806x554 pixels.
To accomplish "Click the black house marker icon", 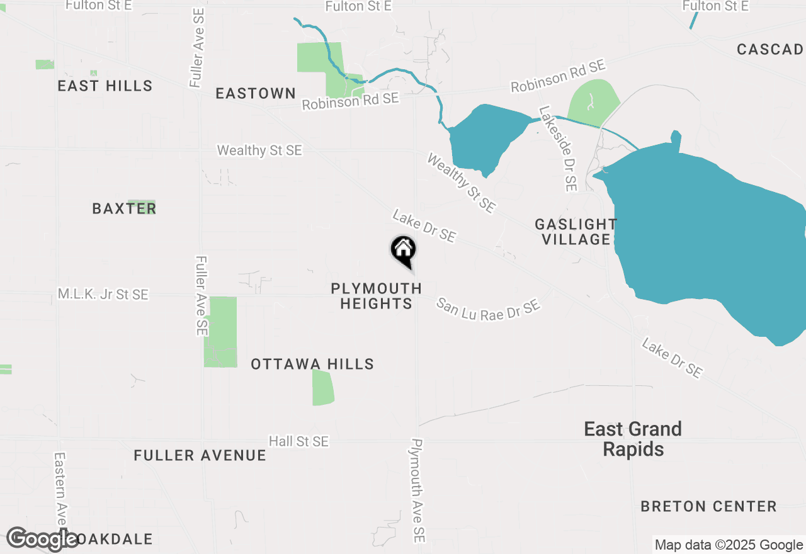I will tap(403, 250).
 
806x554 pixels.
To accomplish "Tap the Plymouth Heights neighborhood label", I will tap(376, 296).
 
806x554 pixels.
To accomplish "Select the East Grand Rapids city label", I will tap(633, 439).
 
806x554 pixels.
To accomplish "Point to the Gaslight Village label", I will tap(576, 232).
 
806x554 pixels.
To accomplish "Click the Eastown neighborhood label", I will tap(256, 93).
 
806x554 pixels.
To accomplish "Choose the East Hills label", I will tap(105, 86).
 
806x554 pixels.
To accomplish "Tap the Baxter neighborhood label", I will tap(124, 208).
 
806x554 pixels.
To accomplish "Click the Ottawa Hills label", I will tap(312, 364).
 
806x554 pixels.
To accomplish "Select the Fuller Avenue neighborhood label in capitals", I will tap(200, 455).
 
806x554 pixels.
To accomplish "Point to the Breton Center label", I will tap(708, 506).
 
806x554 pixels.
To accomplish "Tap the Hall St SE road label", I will tap(298, 441).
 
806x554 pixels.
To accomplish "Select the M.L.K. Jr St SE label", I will tap(103, 294).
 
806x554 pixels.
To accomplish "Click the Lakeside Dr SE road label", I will tap(558, 149).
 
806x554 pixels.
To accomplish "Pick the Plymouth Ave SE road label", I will tap(417, 491).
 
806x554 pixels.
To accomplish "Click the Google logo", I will tap(42, 539).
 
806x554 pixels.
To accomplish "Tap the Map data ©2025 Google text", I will tap(729, 545).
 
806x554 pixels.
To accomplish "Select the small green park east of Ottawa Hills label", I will tap(323, 388).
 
